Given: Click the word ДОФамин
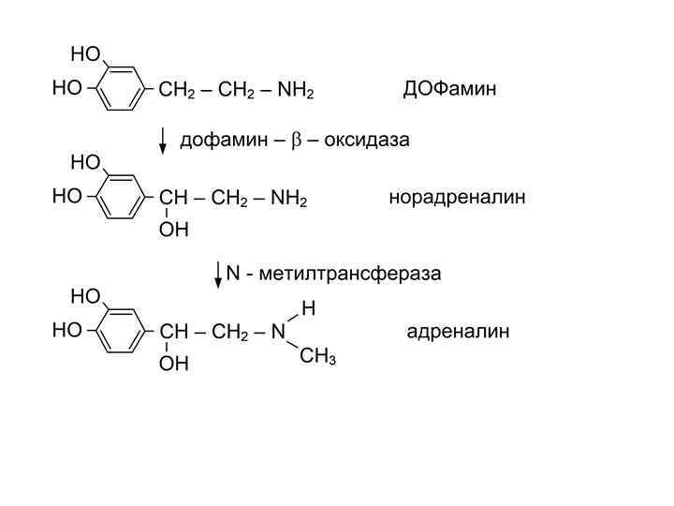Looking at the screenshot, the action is (448, 89).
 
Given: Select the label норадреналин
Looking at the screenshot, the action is (457, 197).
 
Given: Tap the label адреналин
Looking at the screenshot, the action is (458, 332).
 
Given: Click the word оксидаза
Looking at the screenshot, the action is (373, 140).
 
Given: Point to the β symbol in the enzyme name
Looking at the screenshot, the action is (296, 141).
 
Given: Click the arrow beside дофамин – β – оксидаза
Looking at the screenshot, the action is (165, 139).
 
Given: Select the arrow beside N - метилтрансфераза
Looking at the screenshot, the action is (218, 273).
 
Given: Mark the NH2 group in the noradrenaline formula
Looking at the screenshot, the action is (289, 199).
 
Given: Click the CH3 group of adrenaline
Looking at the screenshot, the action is (317, 358).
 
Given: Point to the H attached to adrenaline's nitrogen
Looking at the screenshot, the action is (308, 307).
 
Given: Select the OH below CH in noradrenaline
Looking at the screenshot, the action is (174, 229).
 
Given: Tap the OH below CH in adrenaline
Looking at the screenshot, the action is (174, 365).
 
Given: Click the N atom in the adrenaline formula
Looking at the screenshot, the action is (277, 333).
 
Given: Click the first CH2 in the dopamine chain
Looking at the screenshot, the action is (178, 91).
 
